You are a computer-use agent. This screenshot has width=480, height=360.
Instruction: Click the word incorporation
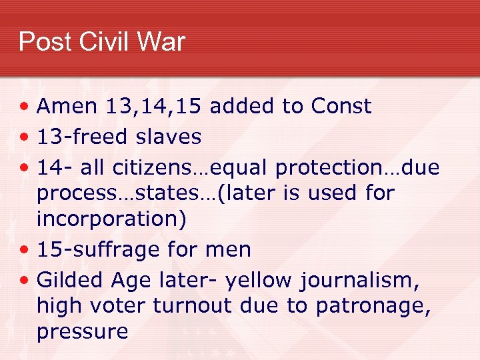click(111, 219)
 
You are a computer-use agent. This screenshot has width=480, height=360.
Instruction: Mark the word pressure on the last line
click(82, 331)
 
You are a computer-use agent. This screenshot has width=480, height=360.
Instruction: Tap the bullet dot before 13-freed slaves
click(24, 137)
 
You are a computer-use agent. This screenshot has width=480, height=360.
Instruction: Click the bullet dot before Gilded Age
click(24, 281)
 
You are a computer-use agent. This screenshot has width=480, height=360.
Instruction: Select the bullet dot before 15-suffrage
click(24, 251)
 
